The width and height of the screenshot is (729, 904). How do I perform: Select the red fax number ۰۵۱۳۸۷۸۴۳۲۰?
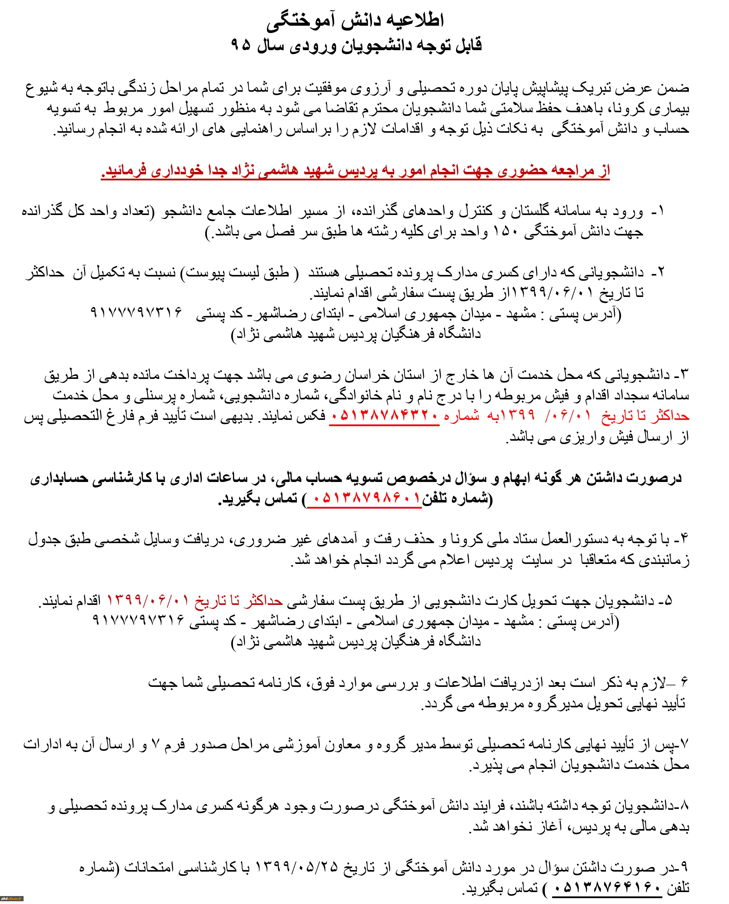click(384, 416)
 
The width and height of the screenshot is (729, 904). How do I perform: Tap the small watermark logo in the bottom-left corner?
click(12, 898)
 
